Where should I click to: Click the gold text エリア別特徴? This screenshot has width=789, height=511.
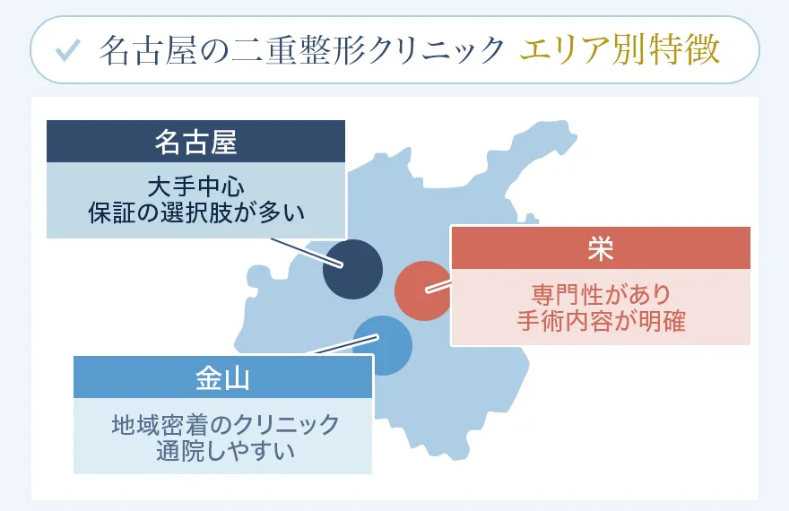pos(620,50)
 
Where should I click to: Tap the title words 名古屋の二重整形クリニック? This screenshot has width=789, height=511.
pos(301,50)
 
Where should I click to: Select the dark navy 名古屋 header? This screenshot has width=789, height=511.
pos(195,141)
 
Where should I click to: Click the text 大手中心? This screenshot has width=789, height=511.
pos(195,187)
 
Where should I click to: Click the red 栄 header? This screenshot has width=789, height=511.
pos(600,248)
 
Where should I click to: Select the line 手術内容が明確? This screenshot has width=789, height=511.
pos(600,320)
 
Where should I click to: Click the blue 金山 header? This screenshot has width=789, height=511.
pos(221,377)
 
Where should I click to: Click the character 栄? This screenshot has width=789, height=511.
pos(600,248)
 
